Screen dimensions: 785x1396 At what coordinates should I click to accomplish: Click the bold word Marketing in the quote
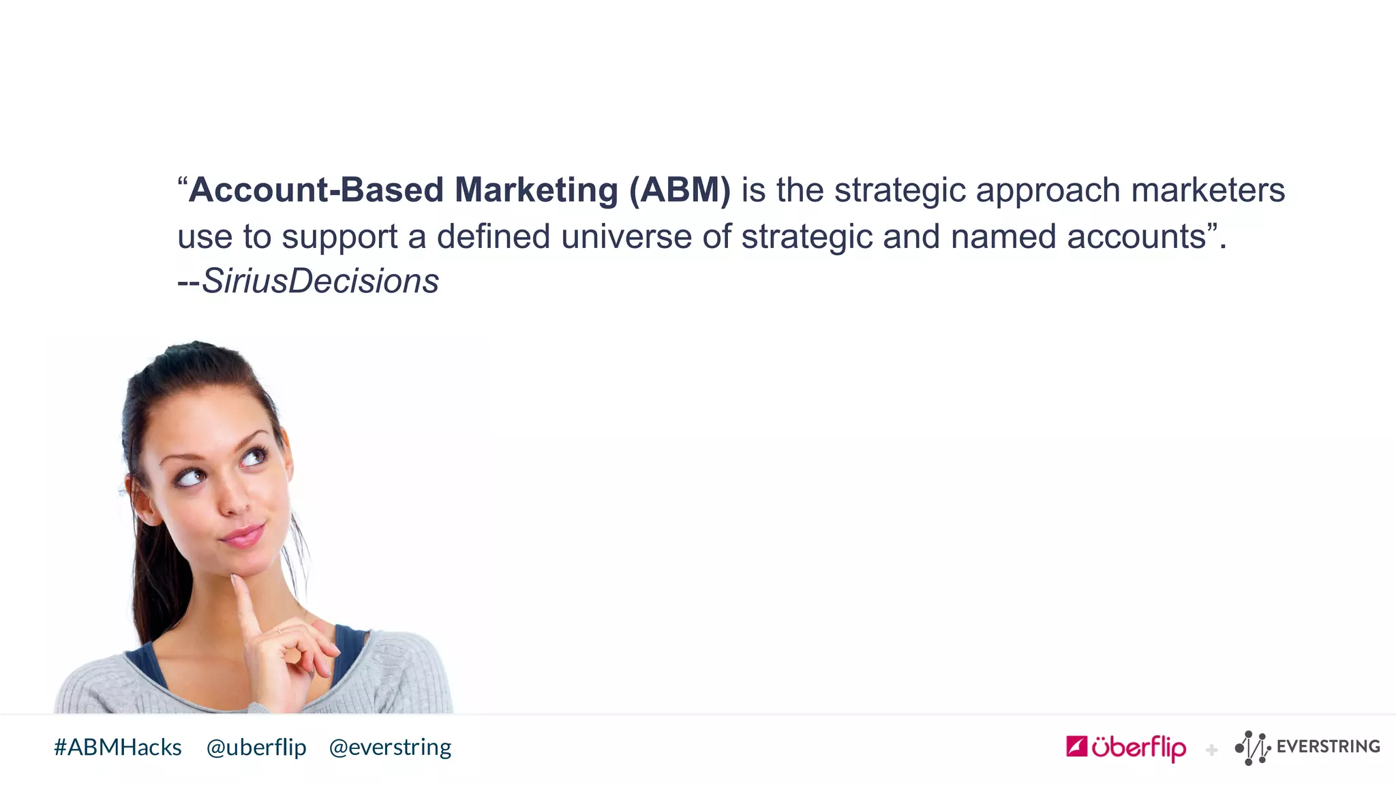[x=536, y=190]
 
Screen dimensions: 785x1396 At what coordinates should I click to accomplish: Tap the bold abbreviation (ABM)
[x=680, y=190]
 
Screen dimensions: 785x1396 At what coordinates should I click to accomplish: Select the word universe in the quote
[x=626, y=237]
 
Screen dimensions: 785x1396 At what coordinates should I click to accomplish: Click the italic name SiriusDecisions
[x=320, y=281]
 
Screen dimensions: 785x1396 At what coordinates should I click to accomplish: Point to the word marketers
[x=1208, y=190]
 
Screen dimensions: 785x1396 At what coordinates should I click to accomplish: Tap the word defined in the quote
[x=493, y=237]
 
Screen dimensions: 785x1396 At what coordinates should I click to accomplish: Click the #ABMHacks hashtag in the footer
[x=118, y=748]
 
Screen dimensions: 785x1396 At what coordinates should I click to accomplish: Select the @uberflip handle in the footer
[x=256, y=748]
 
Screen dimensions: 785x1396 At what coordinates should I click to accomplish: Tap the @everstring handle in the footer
[x=390, y=748]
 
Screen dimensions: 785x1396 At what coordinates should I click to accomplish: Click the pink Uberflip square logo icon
[x=1076, y=747]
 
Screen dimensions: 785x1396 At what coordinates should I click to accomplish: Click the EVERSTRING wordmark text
[x=1328, y=747]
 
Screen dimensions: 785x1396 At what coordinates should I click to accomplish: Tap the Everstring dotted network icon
[x=1252, y=748]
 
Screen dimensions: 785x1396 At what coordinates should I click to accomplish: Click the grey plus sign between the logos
[x=1211, y=750]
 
